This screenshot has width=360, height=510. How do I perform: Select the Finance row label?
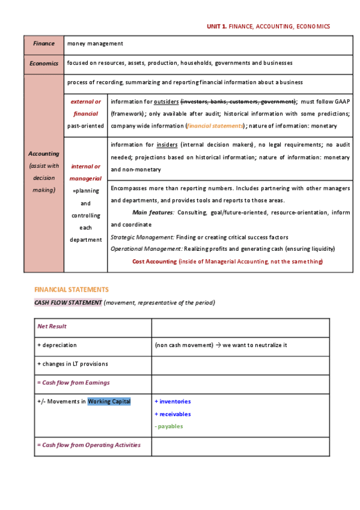point(43,43)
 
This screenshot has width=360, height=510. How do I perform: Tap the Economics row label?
point(43,63)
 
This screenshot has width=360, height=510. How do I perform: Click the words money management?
point(95,43)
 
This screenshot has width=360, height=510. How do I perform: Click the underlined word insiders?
point(168,145)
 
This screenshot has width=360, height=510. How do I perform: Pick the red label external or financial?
point(85,108)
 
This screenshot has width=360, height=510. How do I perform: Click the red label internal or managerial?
point(85,173)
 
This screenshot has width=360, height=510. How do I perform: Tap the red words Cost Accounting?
point(154,261)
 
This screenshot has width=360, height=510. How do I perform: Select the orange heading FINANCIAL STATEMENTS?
point(72,289)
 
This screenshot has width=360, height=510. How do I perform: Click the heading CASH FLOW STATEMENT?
point(68,303)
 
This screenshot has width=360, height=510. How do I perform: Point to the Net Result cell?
point(52,326)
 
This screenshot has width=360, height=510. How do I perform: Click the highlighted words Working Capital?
point(109,402)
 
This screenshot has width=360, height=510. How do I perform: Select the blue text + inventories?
point(172,402)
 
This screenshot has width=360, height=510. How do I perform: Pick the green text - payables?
point(169,426)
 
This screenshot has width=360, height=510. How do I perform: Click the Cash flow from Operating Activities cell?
point(88,445)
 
